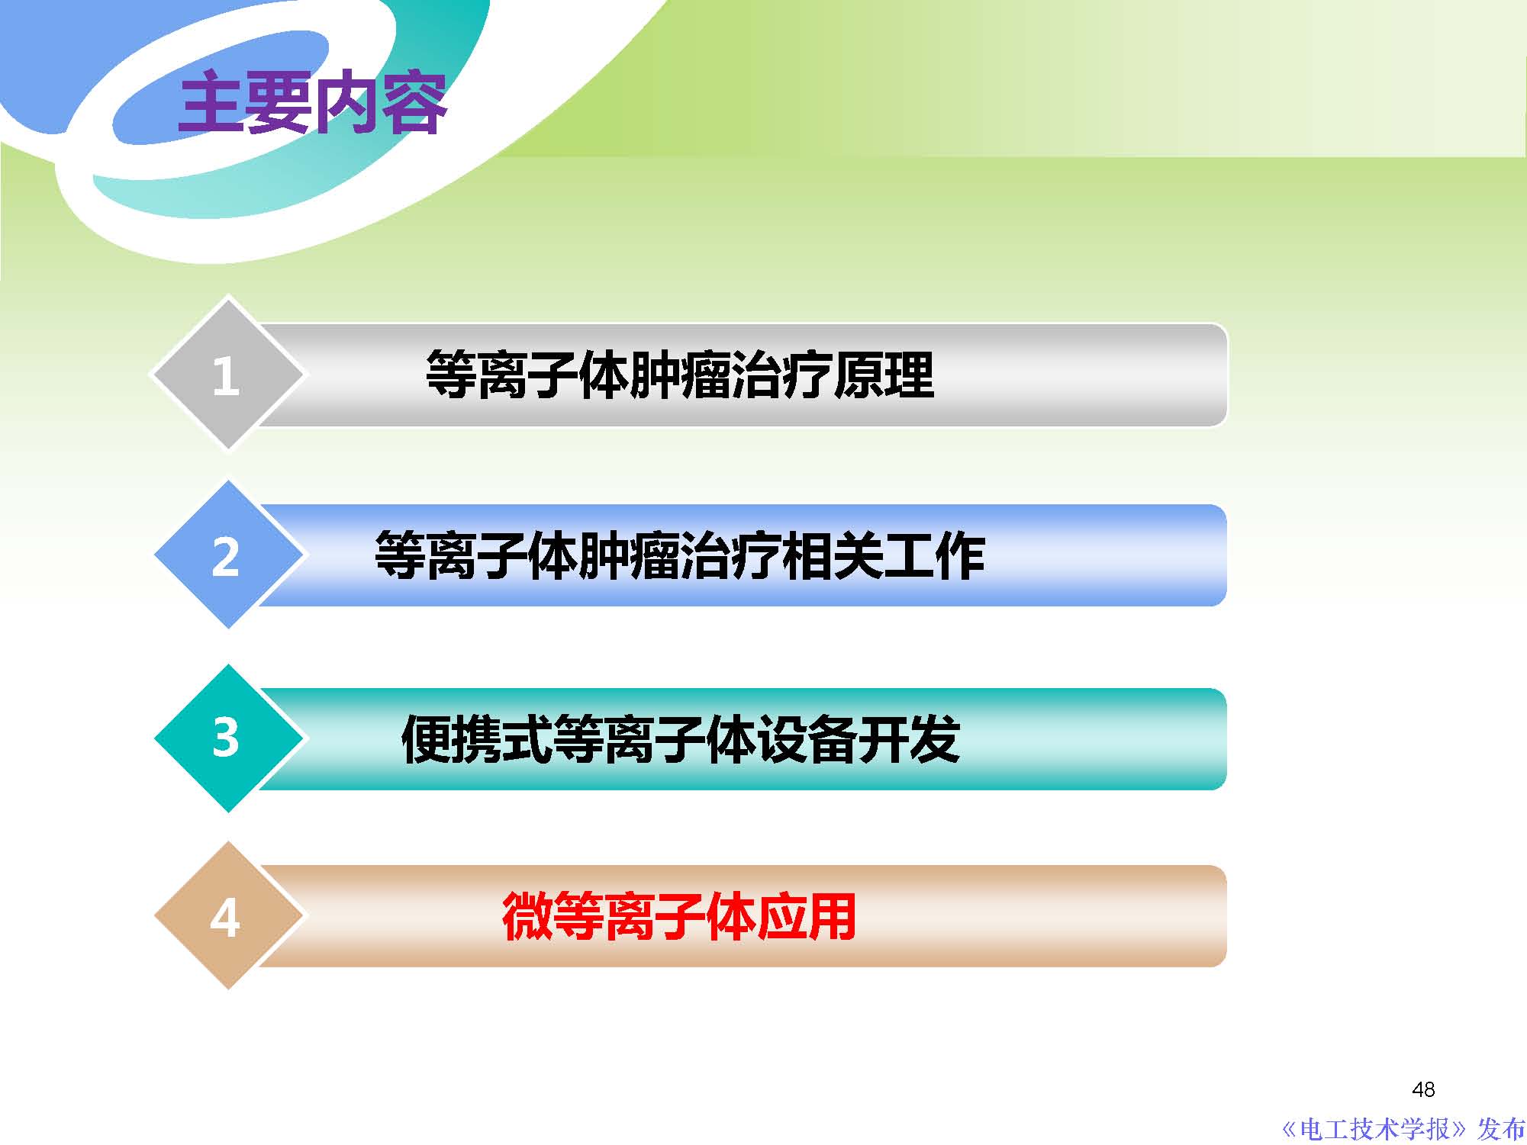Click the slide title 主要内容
312,103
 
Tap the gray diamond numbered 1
227,374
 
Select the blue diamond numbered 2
227,555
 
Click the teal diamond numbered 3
227,738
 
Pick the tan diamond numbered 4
227,916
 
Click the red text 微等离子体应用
678,916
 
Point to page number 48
1423,1089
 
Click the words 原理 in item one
884,375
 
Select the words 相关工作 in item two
884,556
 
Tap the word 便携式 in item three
476,739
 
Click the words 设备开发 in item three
859,739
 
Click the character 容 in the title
414,103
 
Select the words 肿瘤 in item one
680,375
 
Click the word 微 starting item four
527,916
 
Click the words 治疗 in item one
781,375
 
